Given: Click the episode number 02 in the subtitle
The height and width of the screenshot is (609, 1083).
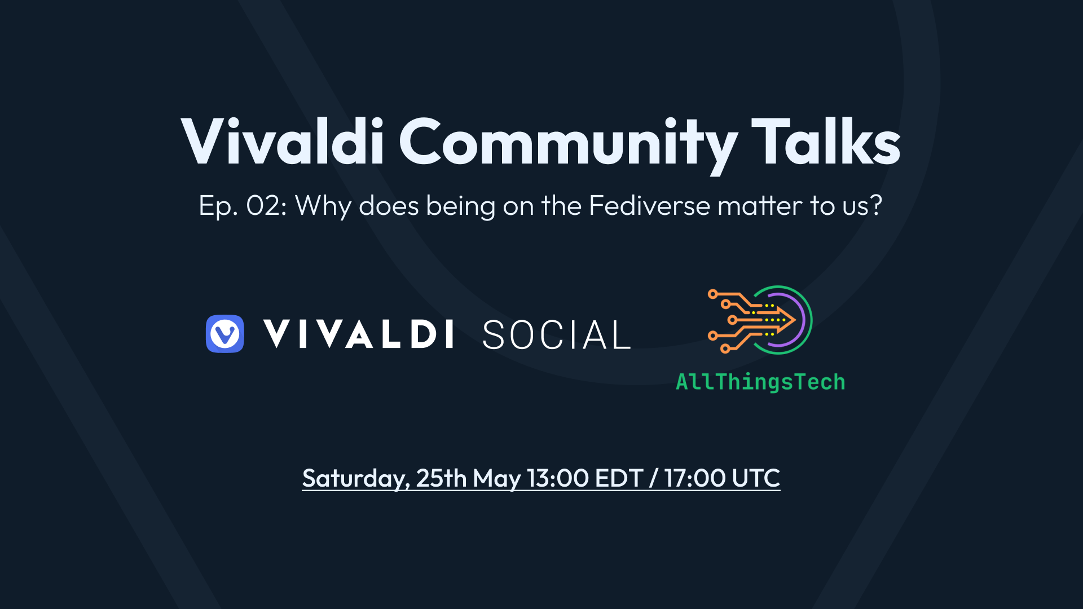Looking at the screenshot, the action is coord(263,206).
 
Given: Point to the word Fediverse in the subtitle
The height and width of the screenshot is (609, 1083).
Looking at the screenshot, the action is coord(649,205).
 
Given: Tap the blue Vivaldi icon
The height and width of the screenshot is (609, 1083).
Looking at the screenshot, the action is coord(225,334).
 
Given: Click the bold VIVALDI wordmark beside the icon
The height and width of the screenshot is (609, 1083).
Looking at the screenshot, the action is coord(359,334).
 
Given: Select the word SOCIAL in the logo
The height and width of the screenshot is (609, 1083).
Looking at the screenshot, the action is coord(556,335).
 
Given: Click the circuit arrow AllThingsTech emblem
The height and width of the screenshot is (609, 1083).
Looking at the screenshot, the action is coord(760,320).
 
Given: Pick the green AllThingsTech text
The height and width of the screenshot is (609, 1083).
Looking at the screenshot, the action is coord(760,382).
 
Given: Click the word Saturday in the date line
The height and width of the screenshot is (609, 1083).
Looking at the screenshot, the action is coord(355,479).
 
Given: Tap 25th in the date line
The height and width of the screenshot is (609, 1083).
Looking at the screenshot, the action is coord(441,478).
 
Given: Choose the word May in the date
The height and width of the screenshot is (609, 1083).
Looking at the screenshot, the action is coord(496,479).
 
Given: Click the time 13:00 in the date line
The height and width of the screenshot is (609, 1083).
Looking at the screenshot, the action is coord(557,478).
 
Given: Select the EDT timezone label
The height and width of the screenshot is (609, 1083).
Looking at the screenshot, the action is coord(619,478).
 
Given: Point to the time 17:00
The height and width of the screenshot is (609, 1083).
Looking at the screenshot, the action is coord(695,478).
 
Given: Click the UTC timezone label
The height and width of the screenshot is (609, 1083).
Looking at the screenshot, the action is coord(756,478).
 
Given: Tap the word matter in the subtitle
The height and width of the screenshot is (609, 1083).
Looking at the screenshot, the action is coord(760,205).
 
